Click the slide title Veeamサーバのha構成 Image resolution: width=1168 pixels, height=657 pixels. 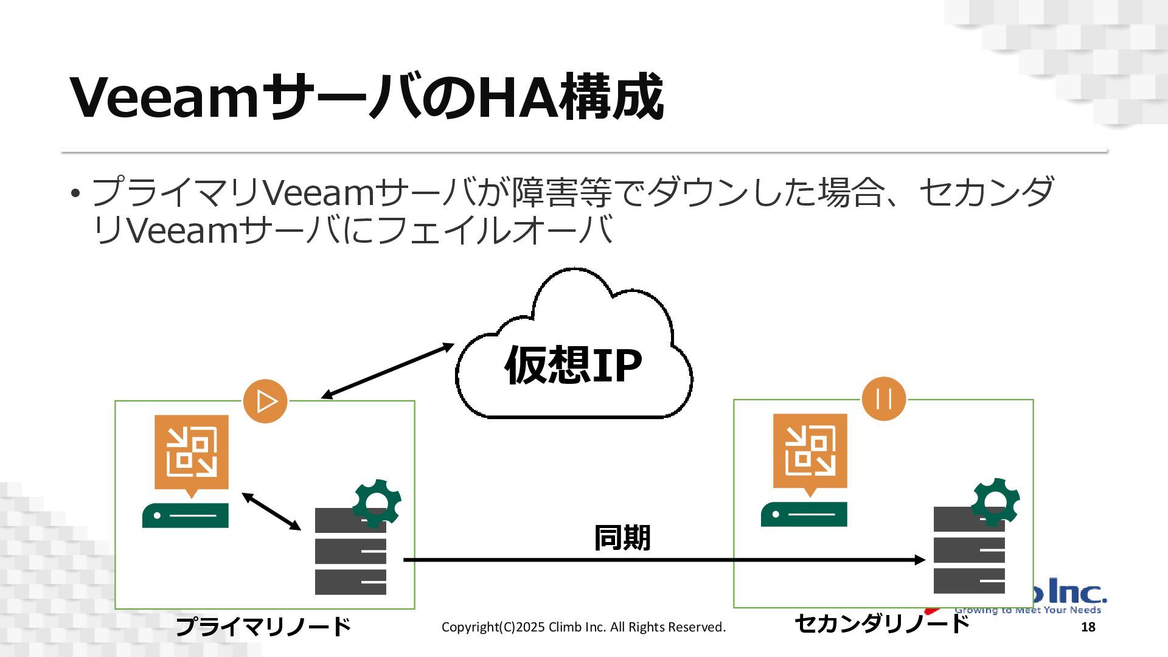point(367,97)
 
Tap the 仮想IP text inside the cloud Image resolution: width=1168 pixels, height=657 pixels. point(573,365)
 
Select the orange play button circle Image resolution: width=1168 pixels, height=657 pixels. point(265,401)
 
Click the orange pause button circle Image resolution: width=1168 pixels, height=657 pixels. point(884,400)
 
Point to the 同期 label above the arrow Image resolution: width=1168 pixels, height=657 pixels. point(622,538)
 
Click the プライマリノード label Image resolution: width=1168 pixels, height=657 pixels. point(263,626)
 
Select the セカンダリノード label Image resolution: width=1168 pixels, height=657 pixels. point(881,624)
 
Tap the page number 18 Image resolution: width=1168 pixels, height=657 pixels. point(1088,627)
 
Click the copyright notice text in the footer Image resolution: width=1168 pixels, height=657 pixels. point(583,627)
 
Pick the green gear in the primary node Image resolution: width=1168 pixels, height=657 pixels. point(377,502)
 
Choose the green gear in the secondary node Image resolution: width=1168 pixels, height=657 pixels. point(996,501)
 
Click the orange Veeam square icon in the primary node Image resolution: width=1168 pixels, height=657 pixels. point(192,453)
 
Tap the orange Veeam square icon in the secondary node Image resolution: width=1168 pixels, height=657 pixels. point(810,452)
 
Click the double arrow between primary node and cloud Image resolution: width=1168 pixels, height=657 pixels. point(388,371)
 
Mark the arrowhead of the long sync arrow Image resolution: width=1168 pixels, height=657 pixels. point(920,560)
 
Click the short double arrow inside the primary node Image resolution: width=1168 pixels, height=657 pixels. point(271,512)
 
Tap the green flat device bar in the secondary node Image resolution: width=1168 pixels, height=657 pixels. point(804,515)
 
